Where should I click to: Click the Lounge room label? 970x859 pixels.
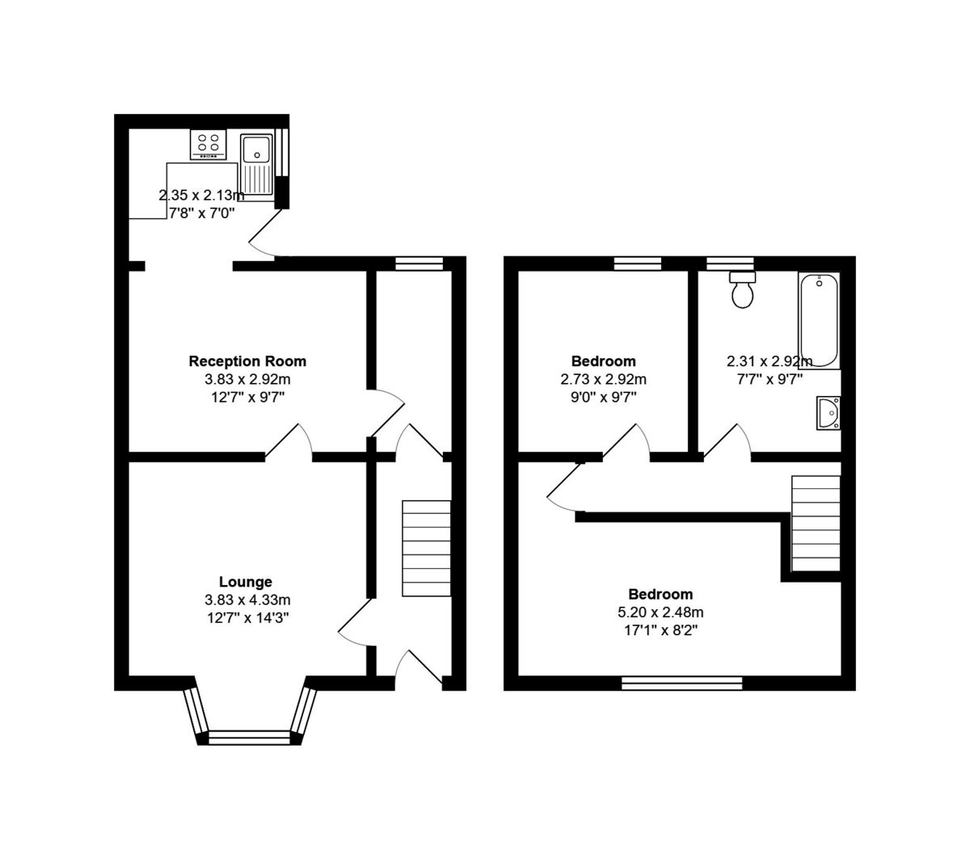(245, 582)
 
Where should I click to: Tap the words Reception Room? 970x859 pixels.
(247, 361)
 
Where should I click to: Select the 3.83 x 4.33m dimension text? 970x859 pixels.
(247, 600)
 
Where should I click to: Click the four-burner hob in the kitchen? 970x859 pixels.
(209, 145)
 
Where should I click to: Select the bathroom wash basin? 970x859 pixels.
(829, 413)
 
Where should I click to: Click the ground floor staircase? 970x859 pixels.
(426, 549)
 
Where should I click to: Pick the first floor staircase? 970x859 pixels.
(815, 523)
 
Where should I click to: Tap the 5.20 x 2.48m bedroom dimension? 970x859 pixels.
(660, 613)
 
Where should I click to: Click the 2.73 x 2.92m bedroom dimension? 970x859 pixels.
(603, 379)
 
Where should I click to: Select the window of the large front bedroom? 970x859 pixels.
(681, 684)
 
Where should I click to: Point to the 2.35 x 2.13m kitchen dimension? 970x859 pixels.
(200, 195)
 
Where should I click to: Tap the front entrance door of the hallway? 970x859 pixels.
(419, 669)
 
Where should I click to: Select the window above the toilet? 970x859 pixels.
(730, 263)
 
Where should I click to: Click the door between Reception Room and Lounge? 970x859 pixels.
(289, 442)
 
